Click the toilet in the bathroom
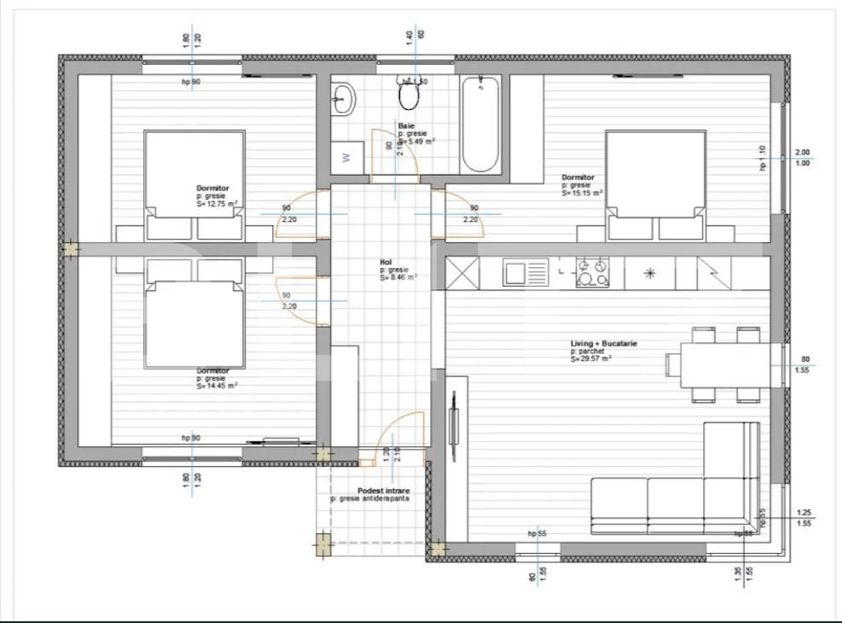(x=410, y=96)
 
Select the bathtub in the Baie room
(x=482, y=124)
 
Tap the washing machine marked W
(x=346, y=157)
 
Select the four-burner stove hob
(x=593, y=273)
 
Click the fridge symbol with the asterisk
(x=649, y=273)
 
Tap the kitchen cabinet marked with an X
(x=462, y=273)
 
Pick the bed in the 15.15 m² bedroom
(x=655, y=183)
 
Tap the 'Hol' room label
(x=386, y=263)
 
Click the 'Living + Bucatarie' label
(x=604, y=344)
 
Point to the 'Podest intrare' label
(x=383, y=492)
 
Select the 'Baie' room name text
(x=406, y=126)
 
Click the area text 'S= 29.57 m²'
(x=591, y=359)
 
